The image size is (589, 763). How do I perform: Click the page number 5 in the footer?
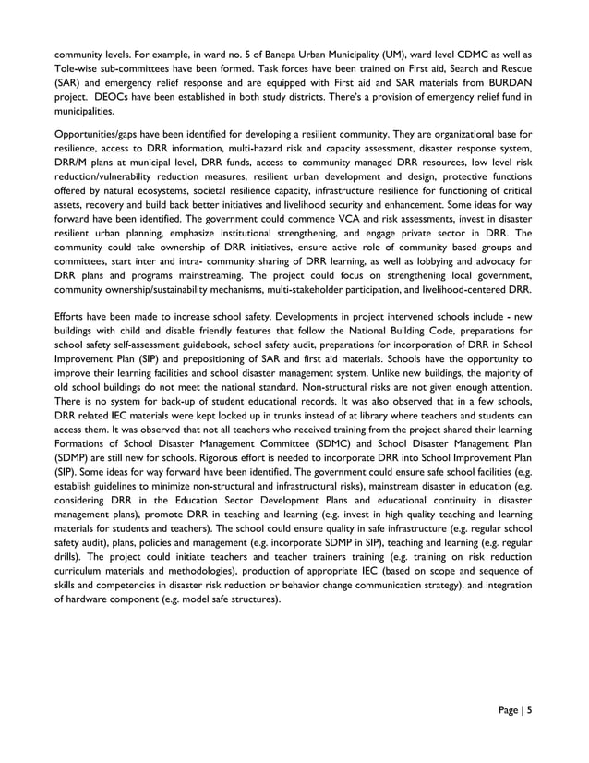(529, 710)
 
